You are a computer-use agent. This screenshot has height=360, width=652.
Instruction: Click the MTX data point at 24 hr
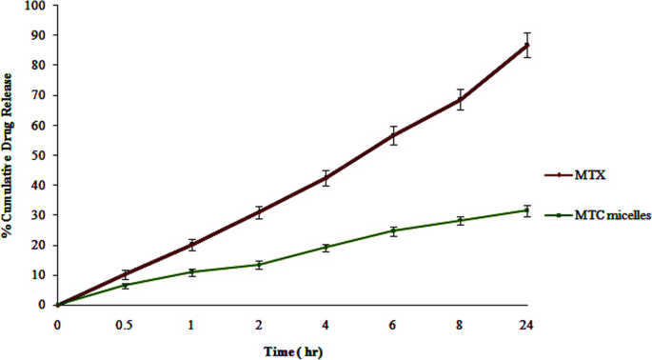pos(527,45)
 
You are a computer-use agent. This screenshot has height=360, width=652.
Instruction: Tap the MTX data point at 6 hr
pos(393,135)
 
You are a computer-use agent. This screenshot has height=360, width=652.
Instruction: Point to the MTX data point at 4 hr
pos(326,178)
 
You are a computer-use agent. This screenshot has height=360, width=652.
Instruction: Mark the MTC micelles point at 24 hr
pos(527,210)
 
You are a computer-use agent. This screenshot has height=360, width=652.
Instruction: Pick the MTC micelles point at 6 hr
pos(393,230)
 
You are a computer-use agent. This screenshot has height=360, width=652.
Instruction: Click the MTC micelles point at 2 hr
pos(258,264)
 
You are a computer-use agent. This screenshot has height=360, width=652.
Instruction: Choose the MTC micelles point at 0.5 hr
pos(124,285)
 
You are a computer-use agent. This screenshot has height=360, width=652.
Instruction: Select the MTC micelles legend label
pos(612,216)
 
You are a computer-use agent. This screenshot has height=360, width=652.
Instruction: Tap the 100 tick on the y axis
pos(38,6)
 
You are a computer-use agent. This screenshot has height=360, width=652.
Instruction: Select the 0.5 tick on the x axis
pos(124,325)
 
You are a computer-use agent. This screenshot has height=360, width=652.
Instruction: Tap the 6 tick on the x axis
pos(393,325)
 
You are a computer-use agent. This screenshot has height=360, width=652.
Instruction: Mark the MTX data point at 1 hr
pos(191,245)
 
